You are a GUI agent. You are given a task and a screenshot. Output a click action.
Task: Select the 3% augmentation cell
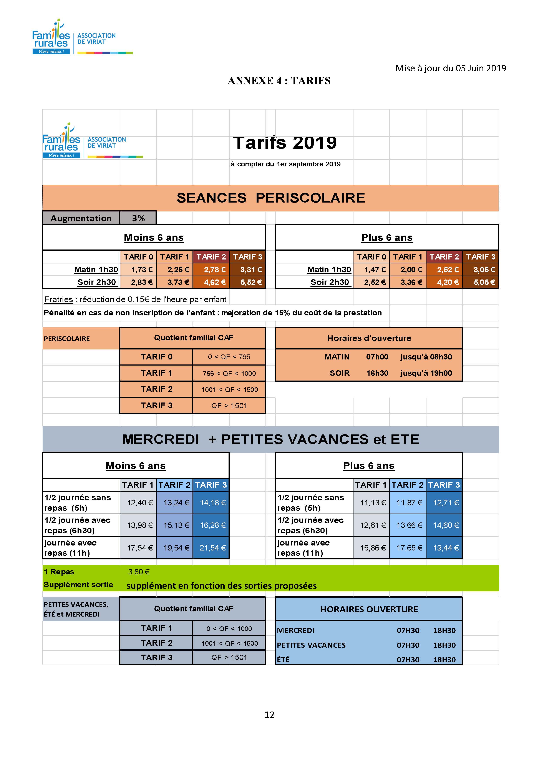pos(138,218)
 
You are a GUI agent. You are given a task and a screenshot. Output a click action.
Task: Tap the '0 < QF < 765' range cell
pos(229,357)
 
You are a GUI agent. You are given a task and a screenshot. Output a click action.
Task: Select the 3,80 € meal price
pos(139,572)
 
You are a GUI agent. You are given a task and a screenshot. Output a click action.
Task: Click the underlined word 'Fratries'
pos(59,299)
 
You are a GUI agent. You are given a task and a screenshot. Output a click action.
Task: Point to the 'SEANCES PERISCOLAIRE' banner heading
pos(270,198)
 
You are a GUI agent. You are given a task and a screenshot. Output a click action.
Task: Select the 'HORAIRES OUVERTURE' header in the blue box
pos(369,609)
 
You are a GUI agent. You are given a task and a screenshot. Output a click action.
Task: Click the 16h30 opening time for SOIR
pos(377,373)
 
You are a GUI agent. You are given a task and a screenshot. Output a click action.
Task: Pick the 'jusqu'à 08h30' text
pos(426,357)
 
